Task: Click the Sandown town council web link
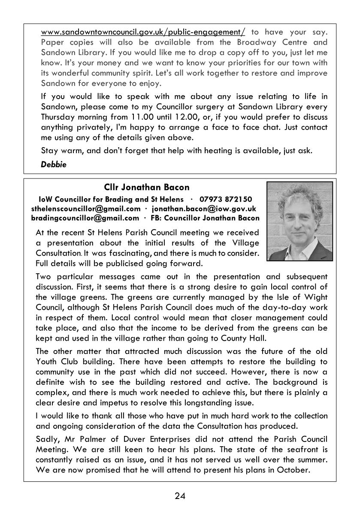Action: pyautogui.click(x=143, y=32)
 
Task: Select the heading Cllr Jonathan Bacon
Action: pyautogui.click(x=146, y=187)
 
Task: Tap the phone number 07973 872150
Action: pyautogui.click(x=226, y=200)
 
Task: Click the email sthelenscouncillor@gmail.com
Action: pyautogui.click(x=86, y=209)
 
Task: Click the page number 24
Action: pyautogui.click(x=180, y=496)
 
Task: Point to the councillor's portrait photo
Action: pyautogui.click(x=299, y=221)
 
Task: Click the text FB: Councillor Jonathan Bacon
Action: pyautogui.click(x=205, y=218)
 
